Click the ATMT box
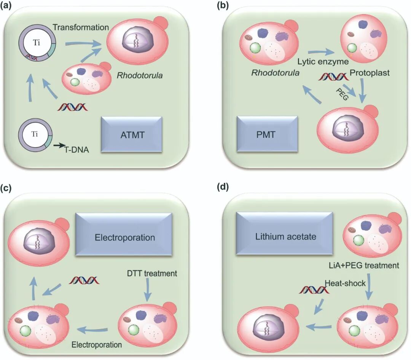(x=132, y=135)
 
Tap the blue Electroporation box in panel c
(x=124, y=237)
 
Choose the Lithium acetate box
(x=285, y=236)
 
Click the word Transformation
(x=81, y=27)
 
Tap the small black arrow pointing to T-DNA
(x=59, y=145)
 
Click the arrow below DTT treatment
(x=148, y=294)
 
